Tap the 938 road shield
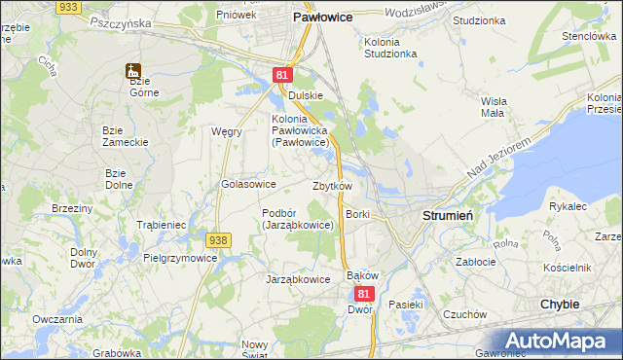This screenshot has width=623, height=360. click(x=218, y=239)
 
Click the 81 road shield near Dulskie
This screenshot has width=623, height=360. click(x=281, y=75)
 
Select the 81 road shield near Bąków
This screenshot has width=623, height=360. click(x=364, y=293)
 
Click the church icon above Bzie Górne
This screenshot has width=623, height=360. click(x=132, y=70)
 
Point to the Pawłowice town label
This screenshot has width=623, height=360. click(x=323, y=18)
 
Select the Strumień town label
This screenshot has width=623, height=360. click(x=447, y=215)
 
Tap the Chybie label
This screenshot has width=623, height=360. click(x=560, y=304)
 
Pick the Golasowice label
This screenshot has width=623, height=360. click(x=249, y=184)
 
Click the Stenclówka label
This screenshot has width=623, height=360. click(x=585, y=36)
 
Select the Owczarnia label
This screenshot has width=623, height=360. click(x=56, y=319)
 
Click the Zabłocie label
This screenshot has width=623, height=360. click(x=477, y=262)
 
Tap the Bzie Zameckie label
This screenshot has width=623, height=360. click(x=126, y=135)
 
